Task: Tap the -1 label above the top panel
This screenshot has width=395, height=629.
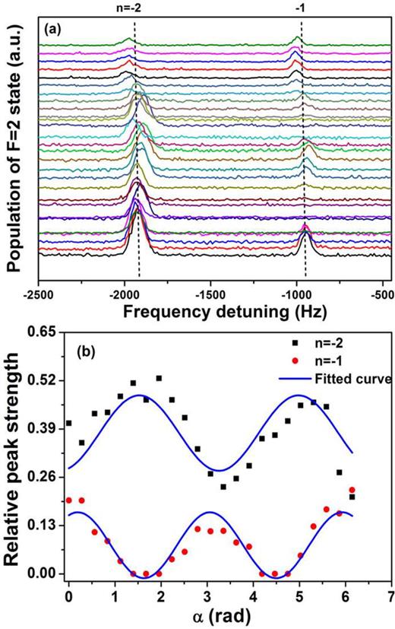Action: [301, 8]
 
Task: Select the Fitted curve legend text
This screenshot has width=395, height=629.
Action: [359, 378]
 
